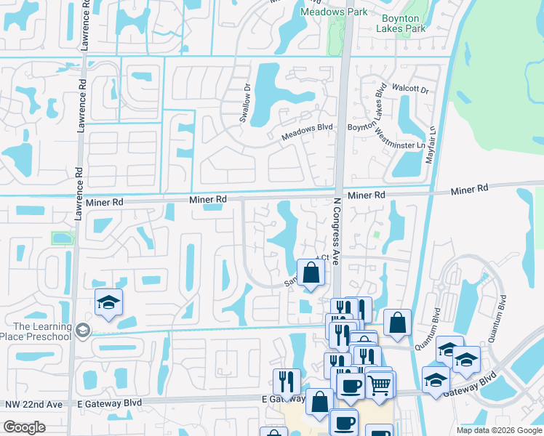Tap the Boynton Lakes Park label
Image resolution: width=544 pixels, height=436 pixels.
[401, 23]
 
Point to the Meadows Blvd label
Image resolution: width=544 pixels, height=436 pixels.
[307, 131]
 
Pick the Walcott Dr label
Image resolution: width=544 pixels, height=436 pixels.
[410, 89]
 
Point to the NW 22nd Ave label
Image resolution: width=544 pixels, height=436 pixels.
[31, 404]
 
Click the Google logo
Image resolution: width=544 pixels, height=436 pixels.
[25, 427]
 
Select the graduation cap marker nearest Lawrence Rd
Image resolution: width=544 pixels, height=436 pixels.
[108, 304]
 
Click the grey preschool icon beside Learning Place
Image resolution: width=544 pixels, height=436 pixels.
[83, 331]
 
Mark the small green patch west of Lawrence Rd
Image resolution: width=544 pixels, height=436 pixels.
[63, 238]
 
